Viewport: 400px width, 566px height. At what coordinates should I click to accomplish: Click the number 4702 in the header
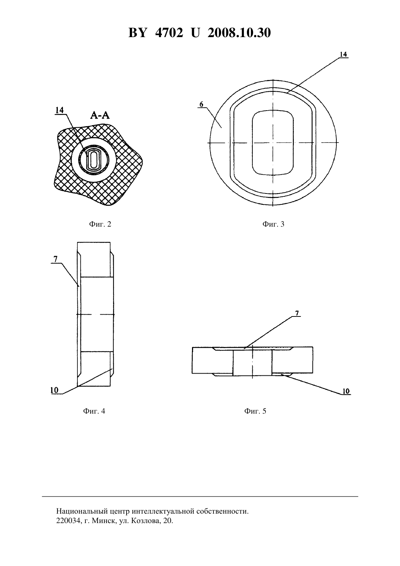[x=169, y=33]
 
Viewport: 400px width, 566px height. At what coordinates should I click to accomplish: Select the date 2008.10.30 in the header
[x=239, y=33]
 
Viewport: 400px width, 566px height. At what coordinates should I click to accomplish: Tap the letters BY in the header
[x=137, y=33]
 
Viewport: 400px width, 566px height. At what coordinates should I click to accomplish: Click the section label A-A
[x=100, y=115]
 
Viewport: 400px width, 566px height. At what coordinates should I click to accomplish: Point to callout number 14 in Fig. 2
[x=60, y=110]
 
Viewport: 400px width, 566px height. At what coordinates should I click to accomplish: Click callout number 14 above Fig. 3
[x=343, y=54]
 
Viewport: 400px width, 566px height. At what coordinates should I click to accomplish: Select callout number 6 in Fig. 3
[x=201, y=104]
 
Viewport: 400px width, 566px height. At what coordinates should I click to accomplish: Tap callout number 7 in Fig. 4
[x=56, y=259]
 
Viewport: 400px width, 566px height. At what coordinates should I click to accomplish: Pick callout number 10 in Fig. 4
[x=54, y=390]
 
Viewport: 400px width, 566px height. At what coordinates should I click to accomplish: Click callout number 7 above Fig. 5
[x=297, y=313]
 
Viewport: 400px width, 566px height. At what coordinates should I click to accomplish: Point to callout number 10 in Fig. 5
[x=346, y=391]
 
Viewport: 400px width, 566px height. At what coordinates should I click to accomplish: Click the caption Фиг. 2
[x=100, y=224]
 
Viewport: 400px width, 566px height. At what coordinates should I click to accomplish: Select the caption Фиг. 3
[x=273, y=224]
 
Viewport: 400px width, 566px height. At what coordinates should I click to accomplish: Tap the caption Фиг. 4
[x=94, y=411]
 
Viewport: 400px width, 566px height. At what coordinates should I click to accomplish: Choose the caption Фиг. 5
[x=255, y=411]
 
